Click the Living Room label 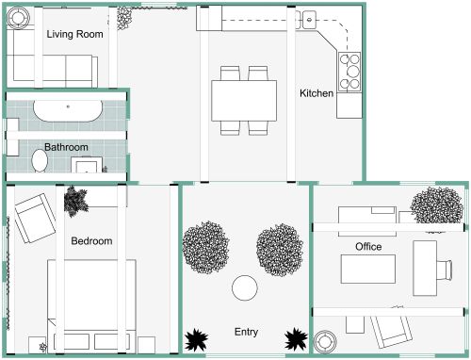click(x=74, y=35)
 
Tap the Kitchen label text click(x=317, y=93)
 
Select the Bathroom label click(x=66, y=147)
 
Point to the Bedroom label click(x=91, y=241)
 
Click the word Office click(x=368, y=247)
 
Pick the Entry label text click(x=247, y=332)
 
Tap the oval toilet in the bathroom click(x=40, y=162)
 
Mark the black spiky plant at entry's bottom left click(x=197, y=339)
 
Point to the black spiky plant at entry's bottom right click(x=296, y=338)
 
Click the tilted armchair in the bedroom click(x=36, y=218)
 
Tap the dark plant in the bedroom click(x=75, y=200)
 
